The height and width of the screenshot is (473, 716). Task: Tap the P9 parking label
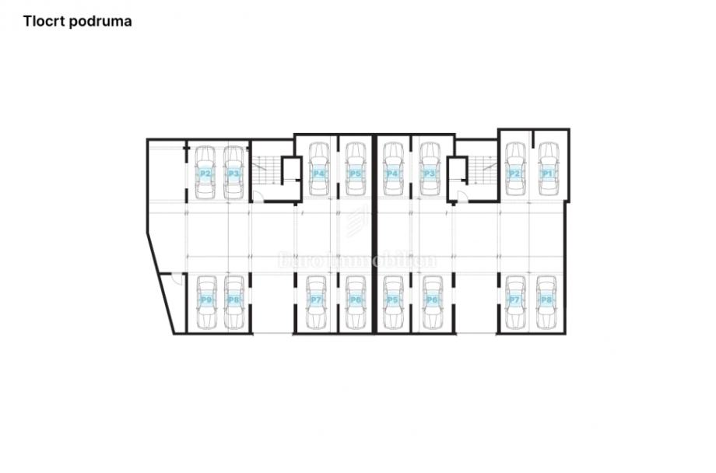205,300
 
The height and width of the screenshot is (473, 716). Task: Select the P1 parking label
547,173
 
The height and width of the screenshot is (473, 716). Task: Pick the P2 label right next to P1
514,173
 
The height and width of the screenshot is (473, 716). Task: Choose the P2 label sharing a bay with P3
205,173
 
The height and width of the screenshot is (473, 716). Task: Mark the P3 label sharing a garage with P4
428,173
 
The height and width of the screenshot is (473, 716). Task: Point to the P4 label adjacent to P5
318,173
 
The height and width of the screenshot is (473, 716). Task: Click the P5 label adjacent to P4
355,173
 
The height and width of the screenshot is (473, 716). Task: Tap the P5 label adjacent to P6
392,300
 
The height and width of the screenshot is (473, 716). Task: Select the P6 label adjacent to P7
355,300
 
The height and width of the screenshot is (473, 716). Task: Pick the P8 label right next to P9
233,300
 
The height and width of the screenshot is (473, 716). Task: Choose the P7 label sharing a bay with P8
514,300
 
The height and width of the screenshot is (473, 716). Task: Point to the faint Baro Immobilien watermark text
357,261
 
